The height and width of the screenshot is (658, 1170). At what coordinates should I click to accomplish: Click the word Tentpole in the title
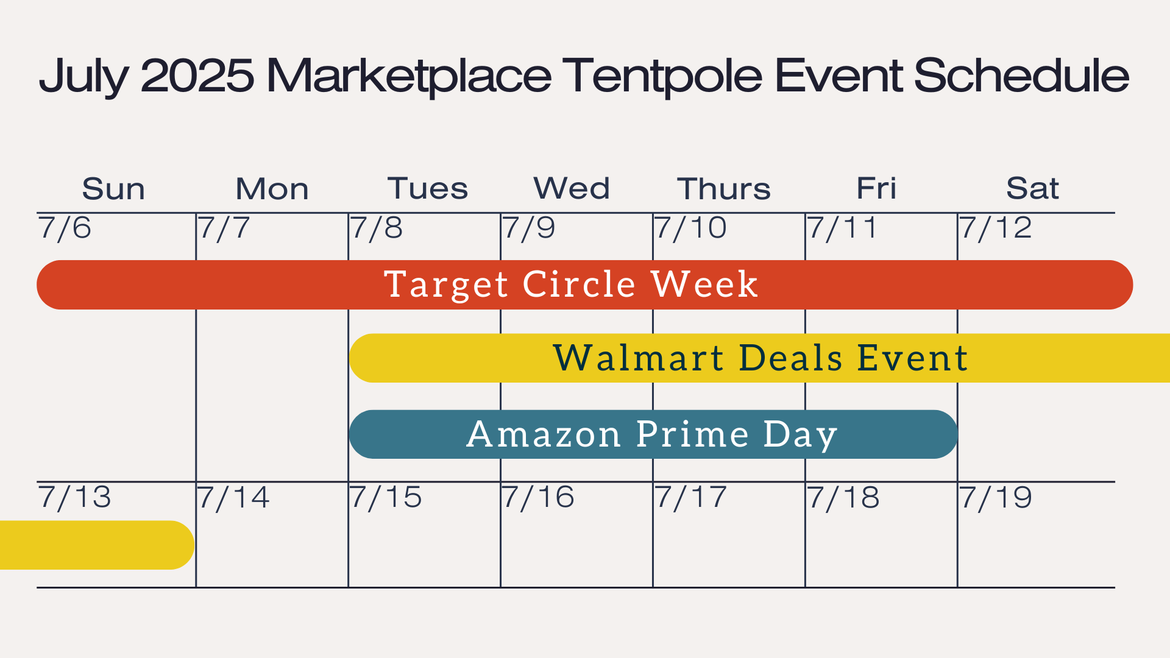tap(662, 76)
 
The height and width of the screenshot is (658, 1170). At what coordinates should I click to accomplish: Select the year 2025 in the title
tap(197, 76)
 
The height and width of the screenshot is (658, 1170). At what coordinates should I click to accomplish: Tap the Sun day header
tap(113, 188)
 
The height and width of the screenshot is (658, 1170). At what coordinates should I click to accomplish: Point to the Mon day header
tap(272, 188)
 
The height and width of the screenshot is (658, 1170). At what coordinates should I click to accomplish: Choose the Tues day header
tap(428, 188)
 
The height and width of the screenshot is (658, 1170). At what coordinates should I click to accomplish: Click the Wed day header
tap(572, 188)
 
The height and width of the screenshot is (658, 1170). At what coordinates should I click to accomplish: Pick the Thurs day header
tap(724, 188)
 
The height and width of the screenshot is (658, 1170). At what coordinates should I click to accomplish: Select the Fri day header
tap(876, 188)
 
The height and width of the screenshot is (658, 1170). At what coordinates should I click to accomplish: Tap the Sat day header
tap(1032, 188)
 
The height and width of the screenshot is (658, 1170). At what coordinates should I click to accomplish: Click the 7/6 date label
tap(65, 228)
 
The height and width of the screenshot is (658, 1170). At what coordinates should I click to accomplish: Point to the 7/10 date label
tap(691, 228)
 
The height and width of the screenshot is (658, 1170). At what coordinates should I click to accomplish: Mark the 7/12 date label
tap(996, 228)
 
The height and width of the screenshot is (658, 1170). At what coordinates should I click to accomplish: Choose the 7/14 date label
tap(233, 498)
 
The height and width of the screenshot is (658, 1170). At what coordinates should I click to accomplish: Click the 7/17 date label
tap(691, 498)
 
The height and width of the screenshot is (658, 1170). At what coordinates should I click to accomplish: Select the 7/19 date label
tap(996, 498)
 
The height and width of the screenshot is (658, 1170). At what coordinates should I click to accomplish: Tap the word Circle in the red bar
tap(580, 284)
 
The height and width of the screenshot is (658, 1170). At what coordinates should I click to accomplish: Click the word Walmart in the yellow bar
tap(639, 358)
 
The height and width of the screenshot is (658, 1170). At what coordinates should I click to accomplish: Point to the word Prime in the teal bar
tap(693, 434)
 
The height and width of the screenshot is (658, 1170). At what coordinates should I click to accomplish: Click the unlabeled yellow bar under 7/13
tap(97, 545)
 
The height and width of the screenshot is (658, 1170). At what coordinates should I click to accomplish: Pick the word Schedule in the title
tap(1021, 76)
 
